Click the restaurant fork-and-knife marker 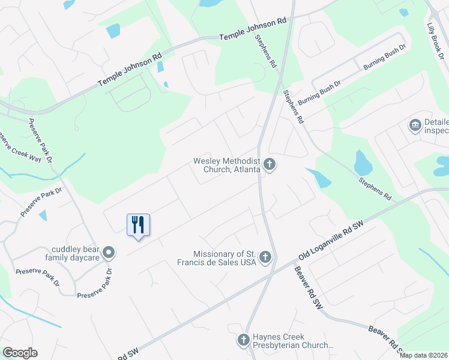[x=138, y=225]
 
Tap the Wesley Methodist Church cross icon [x=270, y=164]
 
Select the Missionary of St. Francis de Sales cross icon [x=265, y=258]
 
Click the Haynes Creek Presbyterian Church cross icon [x=243, y=340]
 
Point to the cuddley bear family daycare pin [x=109, y=253]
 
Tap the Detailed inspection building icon [x=414, y=125]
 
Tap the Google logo [x=20, y=353]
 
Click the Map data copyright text [x=423, y=355]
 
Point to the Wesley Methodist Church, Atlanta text [x=227, y=165]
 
